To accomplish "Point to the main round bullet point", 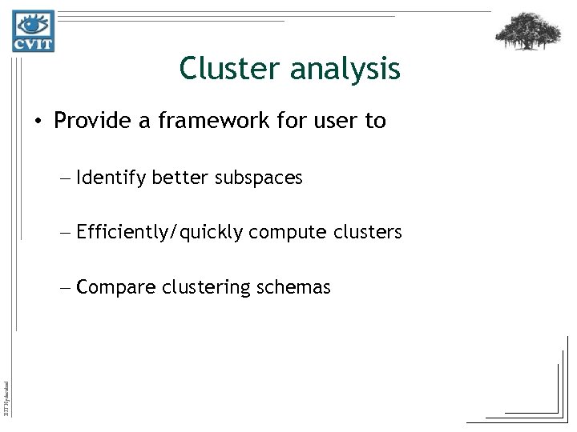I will click(x=38, y=122).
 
